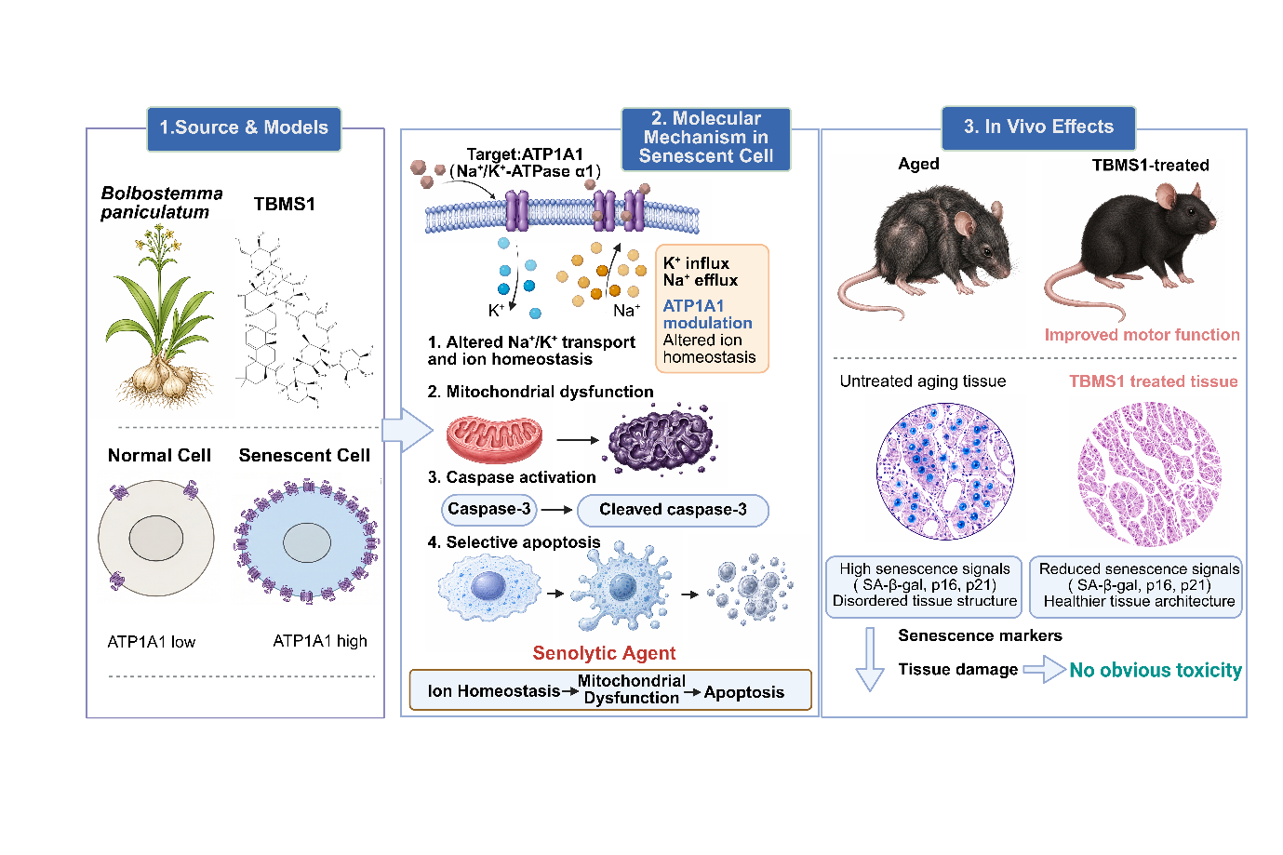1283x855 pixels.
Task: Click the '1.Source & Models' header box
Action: point(244,128)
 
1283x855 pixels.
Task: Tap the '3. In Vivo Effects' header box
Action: point(1038,127)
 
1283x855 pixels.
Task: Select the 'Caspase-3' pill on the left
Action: point(488,510)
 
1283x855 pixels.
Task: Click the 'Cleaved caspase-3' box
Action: point(673,510)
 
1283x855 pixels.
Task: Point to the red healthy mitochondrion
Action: point(494,439)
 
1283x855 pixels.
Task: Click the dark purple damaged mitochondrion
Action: point(662,439)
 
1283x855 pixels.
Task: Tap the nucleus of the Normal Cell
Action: point(155,539)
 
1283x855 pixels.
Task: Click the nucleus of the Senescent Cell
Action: point(307,542)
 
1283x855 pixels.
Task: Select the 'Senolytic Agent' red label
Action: point(604,653)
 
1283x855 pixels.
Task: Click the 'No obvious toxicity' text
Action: point(1156,670)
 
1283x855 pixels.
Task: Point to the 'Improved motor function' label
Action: point(1143,334)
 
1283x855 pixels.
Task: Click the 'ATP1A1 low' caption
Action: point(152,642)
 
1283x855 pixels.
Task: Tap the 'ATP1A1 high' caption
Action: point(320,641)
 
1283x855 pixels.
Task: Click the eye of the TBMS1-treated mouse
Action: point(1192,212)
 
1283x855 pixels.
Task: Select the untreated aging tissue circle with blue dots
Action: point(945,472)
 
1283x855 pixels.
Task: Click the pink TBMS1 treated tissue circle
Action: point(1150,473)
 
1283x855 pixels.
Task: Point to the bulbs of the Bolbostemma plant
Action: point(162,379)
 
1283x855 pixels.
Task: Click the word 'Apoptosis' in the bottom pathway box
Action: point(744,692)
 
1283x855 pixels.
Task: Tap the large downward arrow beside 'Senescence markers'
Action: point(870,659)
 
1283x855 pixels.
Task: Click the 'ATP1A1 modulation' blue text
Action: point(708,314)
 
